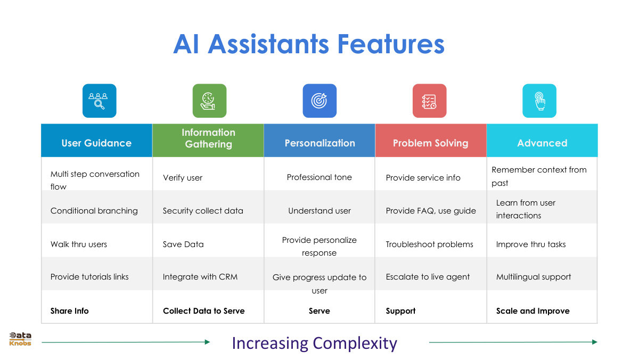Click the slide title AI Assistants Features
coord(309,44)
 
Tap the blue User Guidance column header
coord(96,143)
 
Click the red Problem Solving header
coord(430,143)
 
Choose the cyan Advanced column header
coord(542,143)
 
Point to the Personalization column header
coord(319,143)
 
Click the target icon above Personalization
coord(319,101)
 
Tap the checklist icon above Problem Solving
coord(429,101)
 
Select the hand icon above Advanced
coord(539,101)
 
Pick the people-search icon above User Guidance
coord(99,101)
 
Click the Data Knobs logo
coord(20,339)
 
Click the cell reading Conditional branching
coord(94,211)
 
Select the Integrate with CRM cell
coord(200,277)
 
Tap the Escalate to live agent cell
coord(428,277)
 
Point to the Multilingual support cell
coord(534,277)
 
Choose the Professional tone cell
coord(319,177)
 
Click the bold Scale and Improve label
coord(533,311)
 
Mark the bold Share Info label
coord(70,311)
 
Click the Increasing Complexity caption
coord(315,343)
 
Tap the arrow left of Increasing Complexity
coord(126,342)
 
